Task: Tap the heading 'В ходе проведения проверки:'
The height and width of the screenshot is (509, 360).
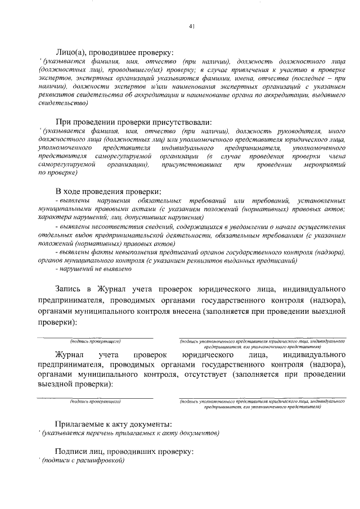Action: tap(109, 191)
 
